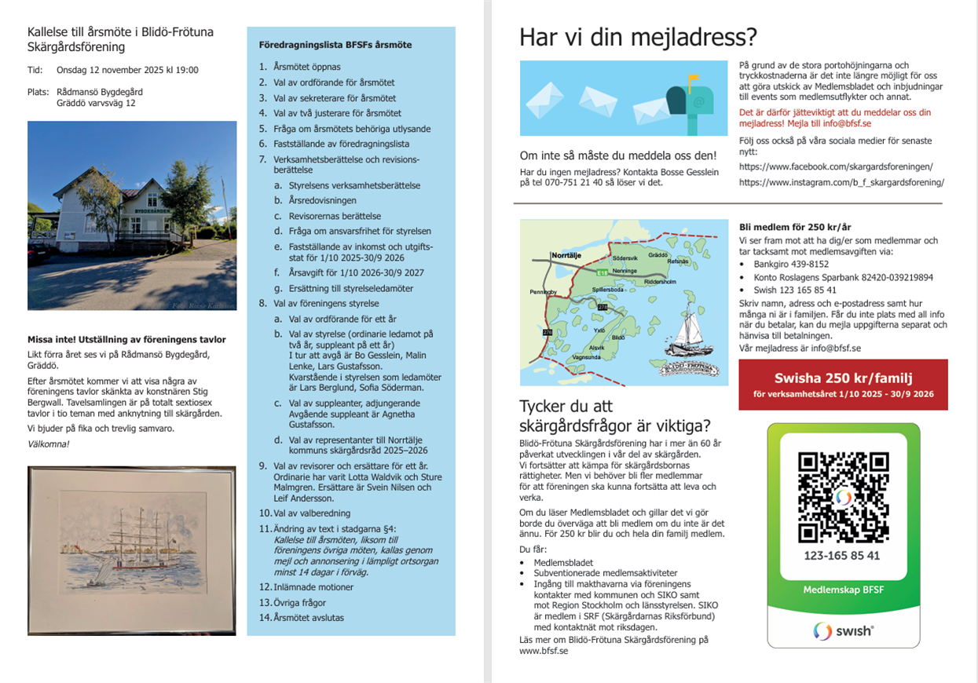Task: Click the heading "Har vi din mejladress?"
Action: tap(639, 37)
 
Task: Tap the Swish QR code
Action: tap(843, 497)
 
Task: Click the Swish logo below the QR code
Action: tap(843, 630)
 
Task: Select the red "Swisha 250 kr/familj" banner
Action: tap(843, 385)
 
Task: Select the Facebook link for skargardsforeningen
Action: tap(836, 166)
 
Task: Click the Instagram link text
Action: tap(841, 182)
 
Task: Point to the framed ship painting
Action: tap(132, 539)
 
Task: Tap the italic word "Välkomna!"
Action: tap(49, 444)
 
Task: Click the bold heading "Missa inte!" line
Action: tap(126, 340)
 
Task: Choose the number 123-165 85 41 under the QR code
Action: tap(842, 556)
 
